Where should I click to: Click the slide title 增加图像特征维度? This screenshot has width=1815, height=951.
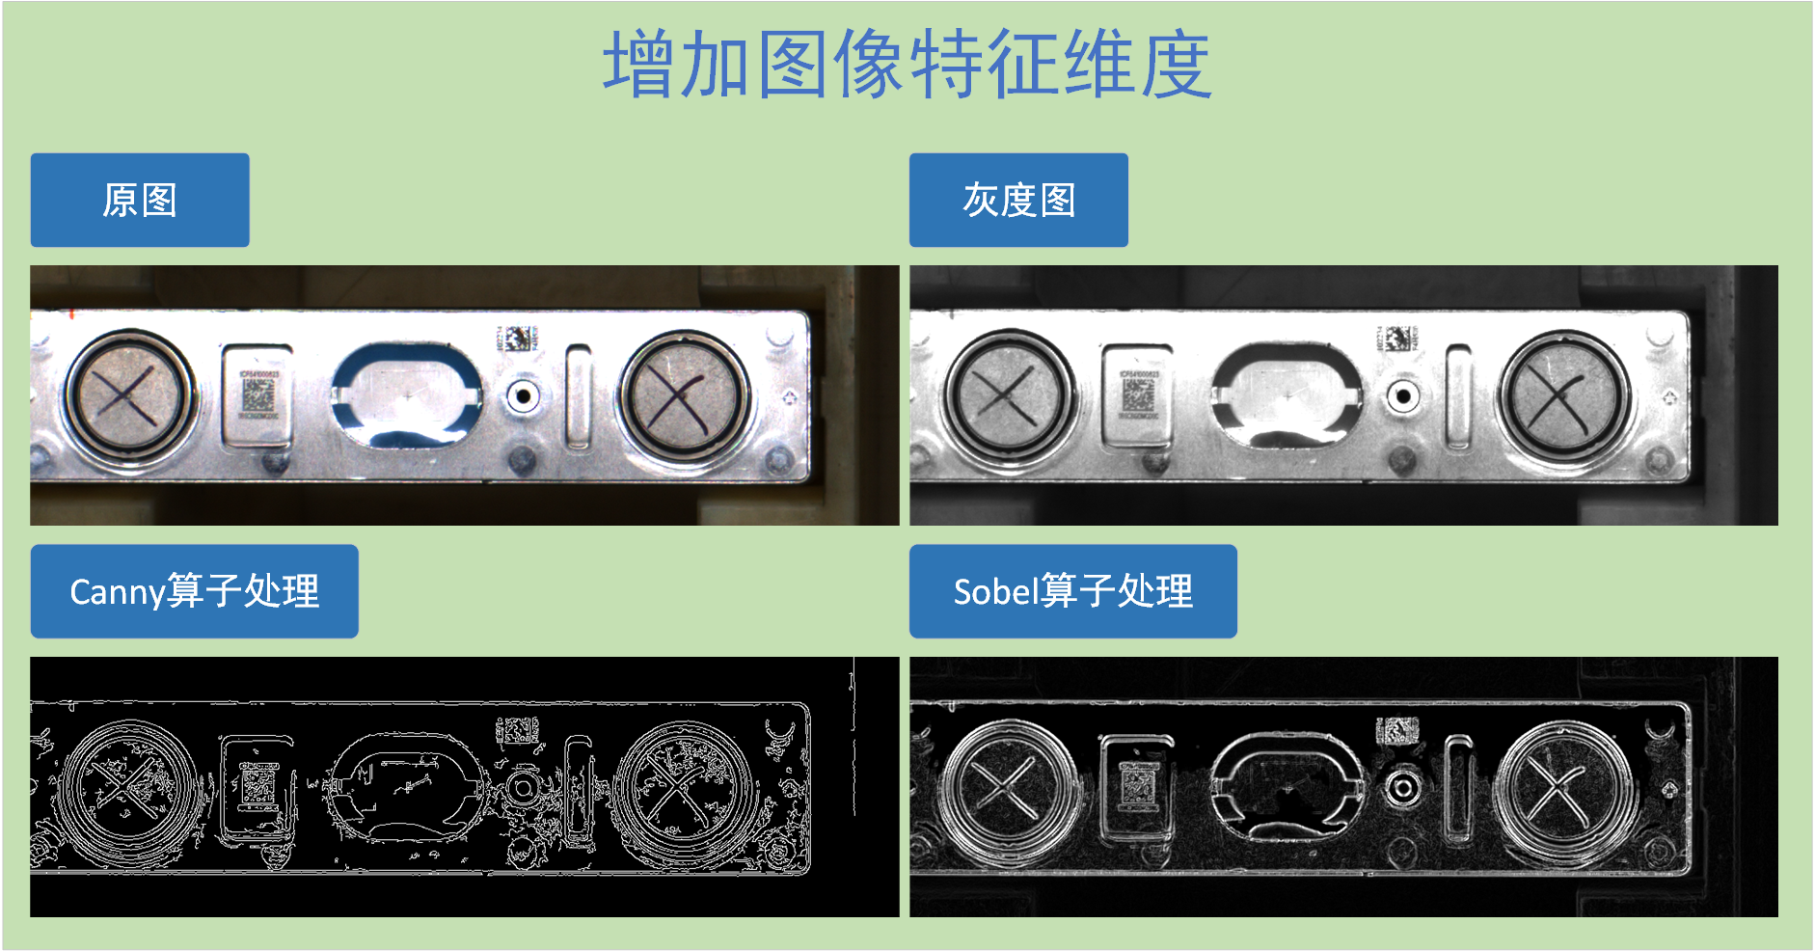coord(907,65)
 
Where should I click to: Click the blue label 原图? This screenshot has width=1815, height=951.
coord(140,201)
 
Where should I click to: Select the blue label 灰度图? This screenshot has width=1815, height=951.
coord(1018,201)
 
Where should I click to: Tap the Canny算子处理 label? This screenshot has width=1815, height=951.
coord(194,591)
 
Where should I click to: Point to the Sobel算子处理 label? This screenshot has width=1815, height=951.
coord(1072,591)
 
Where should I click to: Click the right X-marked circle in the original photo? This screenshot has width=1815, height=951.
coord(684,396)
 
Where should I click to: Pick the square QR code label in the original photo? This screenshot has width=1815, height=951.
coord(257,395)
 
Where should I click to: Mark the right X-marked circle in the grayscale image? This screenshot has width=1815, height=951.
coord(1563,396)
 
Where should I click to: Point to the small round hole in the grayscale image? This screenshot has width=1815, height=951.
coord(1403,395)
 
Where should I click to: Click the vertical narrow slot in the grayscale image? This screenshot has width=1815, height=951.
coord(1458,396)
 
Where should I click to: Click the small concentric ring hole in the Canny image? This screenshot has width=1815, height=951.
coord(524,787)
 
